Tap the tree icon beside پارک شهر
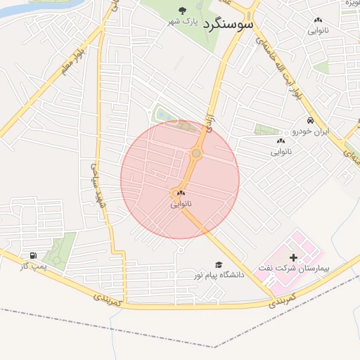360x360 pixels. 183,10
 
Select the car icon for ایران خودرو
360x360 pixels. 310,121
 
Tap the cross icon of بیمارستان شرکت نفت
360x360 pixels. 293,258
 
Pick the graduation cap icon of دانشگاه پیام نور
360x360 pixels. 218,264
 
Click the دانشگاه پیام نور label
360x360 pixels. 220,275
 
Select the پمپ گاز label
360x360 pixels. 32,267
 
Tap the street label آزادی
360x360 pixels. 209,122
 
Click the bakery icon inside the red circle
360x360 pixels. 181,193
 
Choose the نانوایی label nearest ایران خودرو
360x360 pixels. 281,151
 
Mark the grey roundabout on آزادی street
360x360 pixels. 196,153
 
